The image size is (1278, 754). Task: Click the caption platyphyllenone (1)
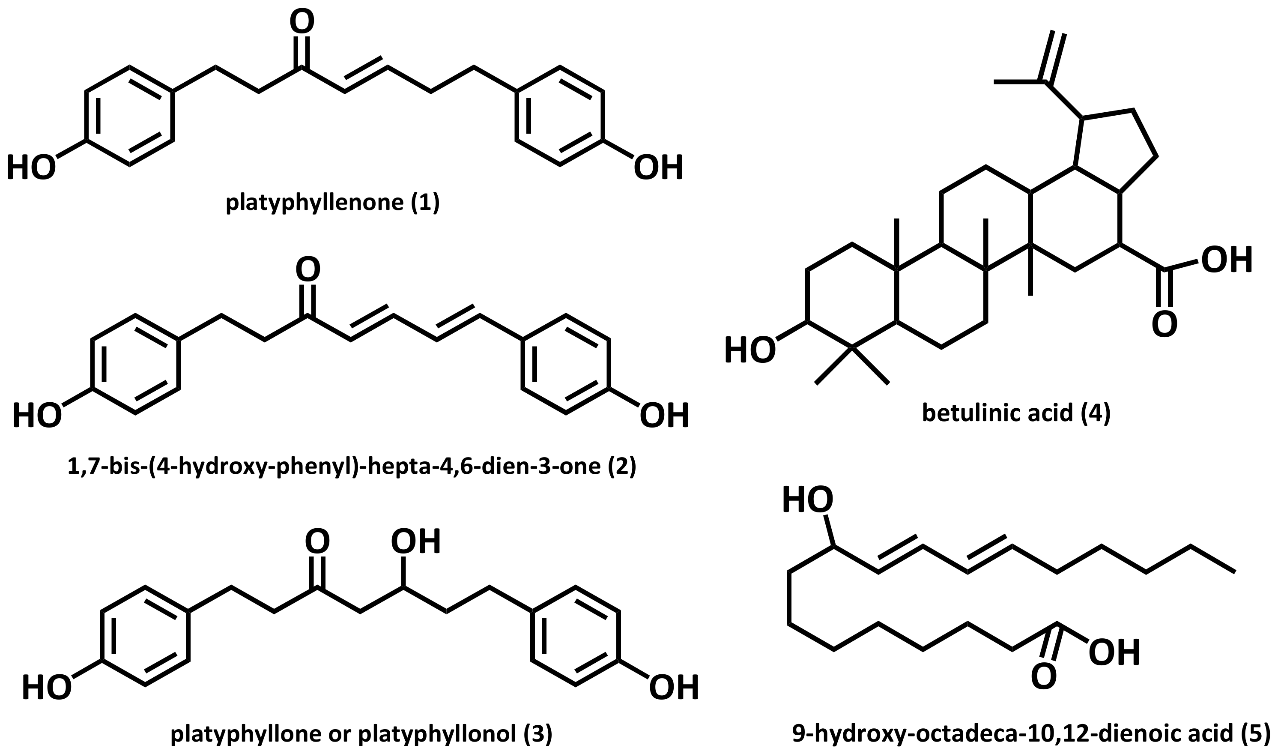333,203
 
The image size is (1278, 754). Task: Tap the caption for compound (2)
352,467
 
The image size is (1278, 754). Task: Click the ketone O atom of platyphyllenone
302,22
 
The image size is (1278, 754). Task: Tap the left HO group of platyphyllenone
30,168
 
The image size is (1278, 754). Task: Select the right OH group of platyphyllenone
658,168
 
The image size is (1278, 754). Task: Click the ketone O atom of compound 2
308,269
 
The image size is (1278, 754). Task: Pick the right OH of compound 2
664,416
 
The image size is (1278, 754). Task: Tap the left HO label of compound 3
46,688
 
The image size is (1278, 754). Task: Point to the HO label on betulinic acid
750,350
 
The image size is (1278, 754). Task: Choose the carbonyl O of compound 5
1044,677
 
